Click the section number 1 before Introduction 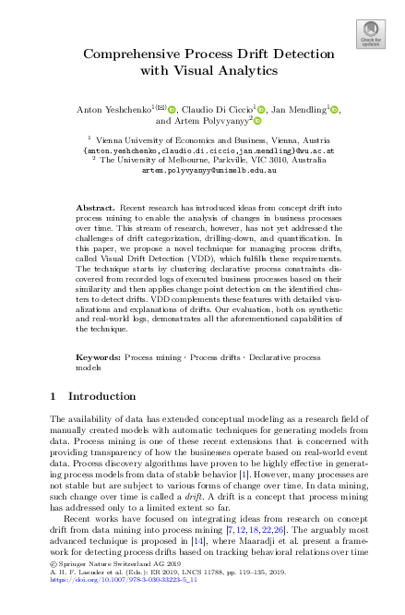pyautogui.click(x=52, y=396)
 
